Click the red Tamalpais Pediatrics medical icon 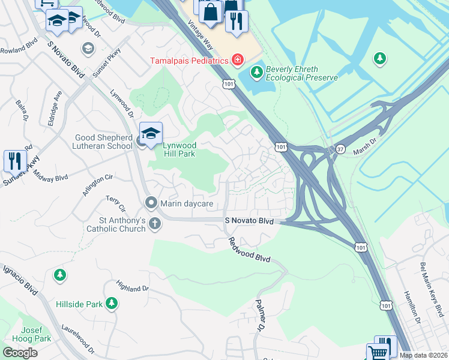[x=238, y=60]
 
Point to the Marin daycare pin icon [x=151, y=203]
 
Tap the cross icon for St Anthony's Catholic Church [x=155, y=224]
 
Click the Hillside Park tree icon [x=111, y=304]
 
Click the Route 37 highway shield [x=340, y=149]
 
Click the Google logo [x=20, y=353]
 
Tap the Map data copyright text [x=424, y=355]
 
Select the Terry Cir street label [x=115, y=204]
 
